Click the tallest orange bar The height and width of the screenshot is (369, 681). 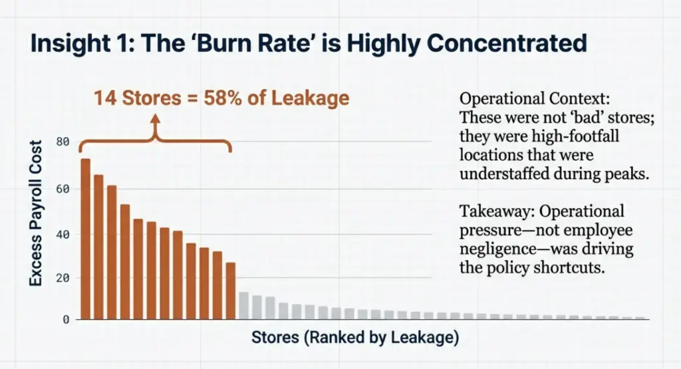pos(85,239)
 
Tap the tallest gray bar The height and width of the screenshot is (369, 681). pos(244,306)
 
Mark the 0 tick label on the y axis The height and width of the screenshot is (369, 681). pos(66,319)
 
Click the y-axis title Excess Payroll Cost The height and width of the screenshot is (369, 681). pos(35,213)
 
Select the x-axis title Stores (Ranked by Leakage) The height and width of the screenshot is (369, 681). pos(355,338)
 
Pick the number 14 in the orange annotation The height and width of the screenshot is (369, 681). pos(104,98)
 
